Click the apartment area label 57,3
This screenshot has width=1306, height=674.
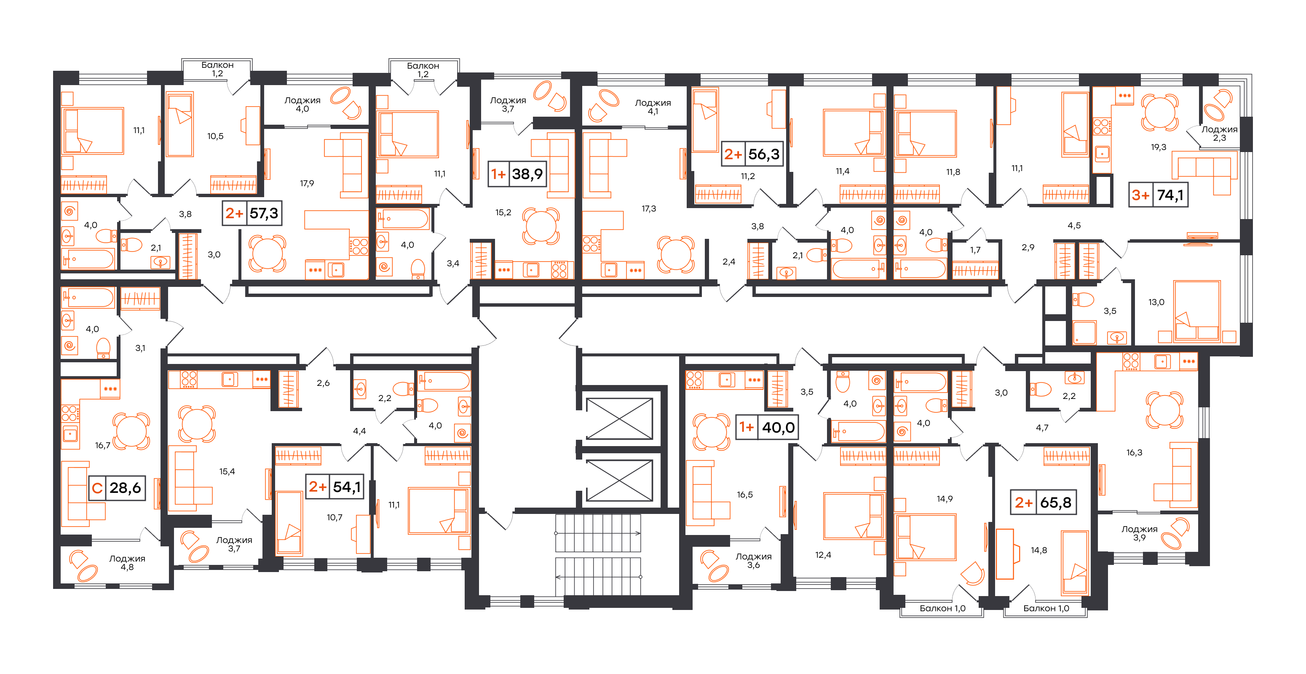click(x=264, y=213)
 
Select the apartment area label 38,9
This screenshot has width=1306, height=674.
click(x=527, y=174)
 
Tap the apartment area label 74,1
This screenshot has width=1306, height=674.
click(x=1170, y=195)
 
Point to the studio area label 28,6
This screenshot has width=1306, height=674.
click(x=125, y=488)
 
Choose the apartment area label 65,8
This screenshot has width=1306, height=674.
click(x=1056, y=503)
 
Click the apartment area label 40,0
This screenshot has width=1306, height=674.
click(x=778, y=428)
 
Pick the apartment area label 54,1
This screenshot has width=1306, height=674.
click(x=347, y=487)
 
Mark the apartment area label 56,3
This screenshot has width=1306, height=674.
click(x=764, y=154)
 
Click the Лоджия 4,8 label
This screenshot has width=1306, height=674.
click(x=127, y=562)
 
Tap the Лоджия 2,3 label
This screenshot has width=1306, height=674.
click(x=1219, y=133)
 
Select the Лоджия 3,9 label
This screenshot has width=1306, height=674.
click(x=1139, y=533)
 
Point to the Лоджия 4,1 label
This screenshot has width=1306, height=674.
click(x=653, y=107)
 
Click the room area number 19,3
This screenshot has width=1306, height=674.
click(x=1159, y=147)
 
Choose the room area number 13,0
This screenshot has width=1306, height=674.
click(x=1156, y=302)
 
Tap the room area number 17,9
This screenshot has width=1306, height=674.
click(x=307, y=183)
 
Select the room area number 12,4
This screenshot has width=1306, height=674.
click(x=823, y=555)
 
